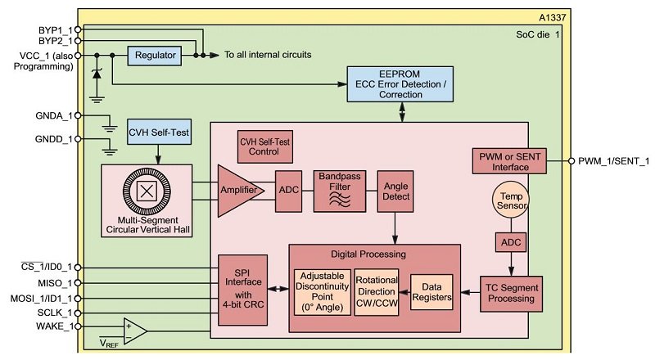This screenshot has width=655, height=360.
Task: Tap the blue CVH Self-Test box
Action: point(159,131)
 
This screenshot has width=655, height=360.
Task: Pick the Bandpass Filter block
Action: point(340,191)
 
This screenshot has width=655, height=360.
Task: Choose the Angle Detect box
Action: point(395,191)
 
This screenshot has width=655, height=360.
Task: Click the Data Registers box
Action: point(431,293)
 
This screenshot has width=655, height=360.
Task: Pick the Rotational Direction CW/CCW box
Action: point(377,292)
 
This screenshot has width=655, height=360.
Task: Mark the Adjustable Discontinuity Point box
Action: point(322,292)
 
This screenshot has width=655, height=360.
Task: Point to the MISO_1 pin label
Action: point(55,282)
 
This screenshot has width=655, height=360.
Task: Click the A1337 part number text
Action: point(544,17)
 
